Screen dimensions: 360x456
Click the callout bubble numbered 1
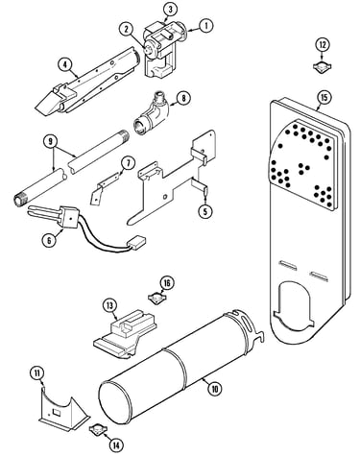pos(206,26)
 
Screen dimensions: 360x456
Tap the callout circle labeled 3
pos(170,10)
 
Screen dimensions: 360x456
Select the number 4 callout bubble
pos(65,64)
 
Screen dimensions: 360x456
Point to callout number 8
pos(183,98)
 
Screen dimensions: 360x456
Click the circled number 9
pos(51,142)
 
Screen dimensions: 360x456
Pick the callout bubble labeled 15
pos(324,98)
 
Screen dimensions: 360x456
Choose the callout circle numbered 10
pos(214,389)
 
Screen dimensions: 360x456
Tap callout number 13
pos(109,305)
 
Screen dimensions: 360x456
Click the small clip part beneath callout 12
pos(322,65)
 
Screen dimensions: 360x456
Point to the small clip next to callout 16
pos(156,299)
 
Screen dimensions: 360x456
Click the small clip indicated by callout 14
pos(97,429)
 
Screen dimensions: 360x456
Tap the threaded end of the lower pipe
pos(18,200)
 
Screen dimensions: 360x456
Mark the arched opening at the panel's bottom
pos(293,305)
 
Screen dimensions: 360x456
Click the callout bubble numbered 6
pos(49,240)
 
